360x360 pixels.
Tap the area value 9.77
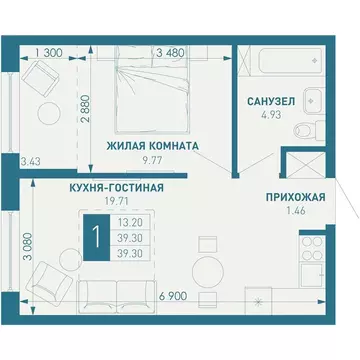coord(152,160)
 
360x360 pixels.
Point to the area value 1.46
coord(293,213)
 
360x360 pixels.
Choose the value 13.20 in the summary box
coord(129,224)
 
